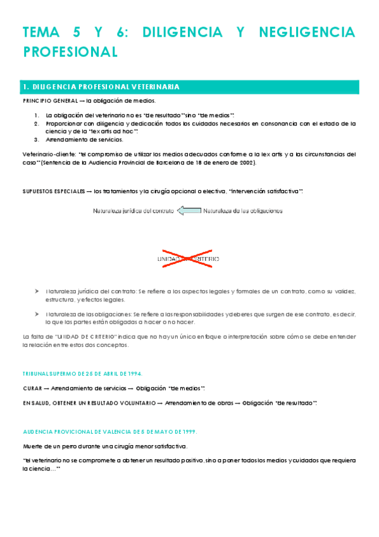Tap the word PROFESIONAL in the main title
(x=70, y=52)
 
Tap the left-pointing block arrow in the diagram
(x=189, y=211)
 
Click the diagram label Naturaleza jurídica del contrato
(x=133, y=211)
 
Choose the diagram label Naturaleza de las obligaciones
(x=242, y=211)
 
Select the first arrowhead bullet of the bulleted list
(x=37, y=292)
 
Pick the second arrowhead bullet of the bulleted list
(x=37, y=314)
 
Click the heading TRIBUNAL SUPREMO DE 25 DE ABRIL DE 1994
(x=83, y=374)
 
